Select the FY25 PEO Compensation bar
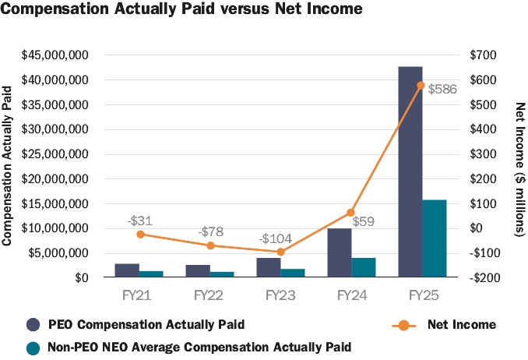tap(410, 171)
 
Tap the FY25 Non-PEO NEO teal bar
tap(435, 238)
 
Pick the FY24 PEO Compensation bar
tap(339, 252)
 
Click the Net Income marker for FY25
tap(421, 85)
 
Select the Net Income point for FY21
tap(139, 234)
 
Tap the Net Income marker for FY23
tap(281, 252)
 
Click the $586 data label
tap(442, 90)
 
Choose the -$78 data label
tap(210, 231)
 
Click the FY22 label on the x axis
tap(210, 295)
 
